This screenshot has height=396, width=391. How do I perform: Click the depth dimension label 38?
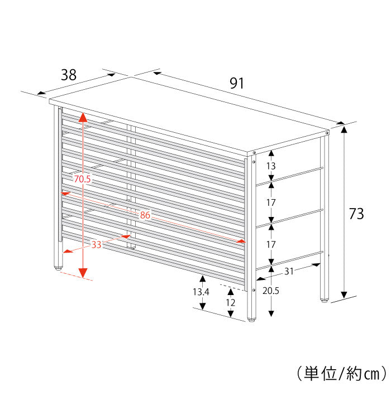click(x=69, y=75)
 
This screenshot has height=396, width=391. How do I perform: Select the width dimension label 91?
click(x=237, y=83)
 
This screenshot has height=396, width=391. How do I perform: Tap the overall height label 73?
click(x=356, y=214)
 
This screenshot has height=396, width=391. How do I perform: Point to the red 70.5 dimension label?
click(x=82, y=179)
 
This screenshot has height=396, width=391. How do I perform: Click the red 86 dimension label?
click(x=145, y=215)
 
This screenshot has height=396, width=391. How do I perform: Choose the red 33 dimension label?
click(x=96, y=244)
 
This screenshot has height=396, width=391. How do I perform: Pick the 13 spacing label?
click(x=270, y=166)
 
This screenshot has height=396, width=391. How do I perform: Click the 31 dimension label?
click(x=289, y=271)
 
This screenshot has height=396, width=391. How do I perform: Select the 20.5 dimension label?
click(x=270, y=291)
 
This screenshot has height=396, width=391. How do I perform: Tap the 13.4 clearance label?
click(x=201, y=292)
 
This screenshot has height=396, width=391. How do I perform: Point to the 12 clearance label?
click(x=230, y=302)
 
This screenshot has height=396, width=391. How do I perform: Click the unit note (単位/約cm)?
click(x=342, y=374)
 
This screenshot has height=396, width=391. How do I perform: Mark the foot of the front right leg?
click(x=251, y=320)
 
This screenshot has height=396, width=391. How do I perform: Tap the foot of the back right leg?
click(x=324, y=300)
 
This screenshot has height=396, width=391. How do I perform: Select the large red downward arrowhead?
click(x=83, y=273)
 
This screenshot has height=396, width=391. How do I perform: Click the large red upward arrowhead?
click(x=83, y=117)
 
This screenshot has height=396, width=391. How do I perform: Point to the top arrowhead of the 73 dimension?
click(x=344, y=129)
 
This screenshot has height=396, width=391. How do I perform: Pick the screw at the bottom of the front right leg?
click(x=254, y=290)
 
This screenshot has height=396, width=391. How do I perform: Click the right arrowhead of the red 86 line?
click(x=241, y=241)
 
